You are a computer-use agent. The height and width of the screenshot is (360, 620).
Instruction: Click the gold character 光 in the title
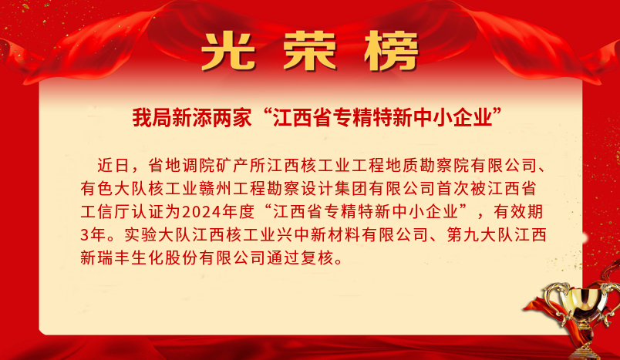point(227,52)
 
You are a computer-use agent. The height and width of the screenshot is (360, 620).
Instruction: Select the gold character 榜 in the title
point(392,52)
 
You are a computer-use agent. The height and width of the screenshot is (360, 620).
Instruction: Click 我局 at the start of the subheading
point(152,118)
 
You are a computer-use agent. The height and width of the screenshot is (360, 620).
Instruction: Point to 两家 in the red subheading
point(231,118)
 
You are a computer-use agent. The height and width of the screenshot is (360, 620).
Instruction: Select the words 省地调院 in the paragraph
point(181,166)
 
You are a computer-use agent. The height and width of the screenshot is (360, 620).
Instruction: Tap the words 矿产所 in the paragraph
point(241,166)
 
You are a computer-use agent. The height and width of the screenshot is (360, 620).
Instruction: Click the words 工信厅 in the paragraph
point(105,212)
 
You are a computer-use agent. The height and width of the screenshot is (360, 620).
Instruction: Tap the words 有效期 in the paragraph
point(518,212)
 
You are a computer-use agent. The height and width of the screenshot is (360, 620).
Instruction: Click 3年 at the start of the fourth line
point(93,234)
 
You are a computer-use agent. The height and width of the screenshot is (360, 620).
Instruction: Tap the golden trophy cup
point(581,312)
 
